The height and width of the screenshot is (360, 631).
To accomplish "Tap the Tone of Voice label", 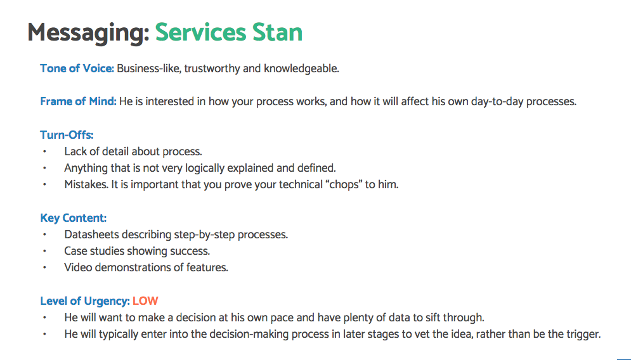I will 77,68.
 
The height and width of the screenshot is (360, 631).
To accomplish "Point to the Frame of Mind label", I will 78,101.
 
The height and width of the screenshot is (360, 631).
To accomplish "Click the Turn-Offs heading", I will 67,135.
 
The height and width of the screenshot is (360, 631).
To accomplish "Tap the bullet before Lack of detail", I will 45,152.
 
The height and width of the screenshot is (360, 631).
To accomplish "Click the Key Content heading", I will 73,219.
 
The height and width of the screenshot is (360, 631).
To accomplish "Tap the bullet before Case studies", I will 45,252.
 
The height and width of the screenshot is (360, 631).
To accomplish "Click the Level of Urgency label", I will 85,301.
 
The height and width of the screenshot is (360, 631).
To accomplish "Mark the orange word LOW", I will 145,301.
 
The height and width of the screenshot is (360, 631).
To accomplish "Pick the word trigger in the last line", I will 582,334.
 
